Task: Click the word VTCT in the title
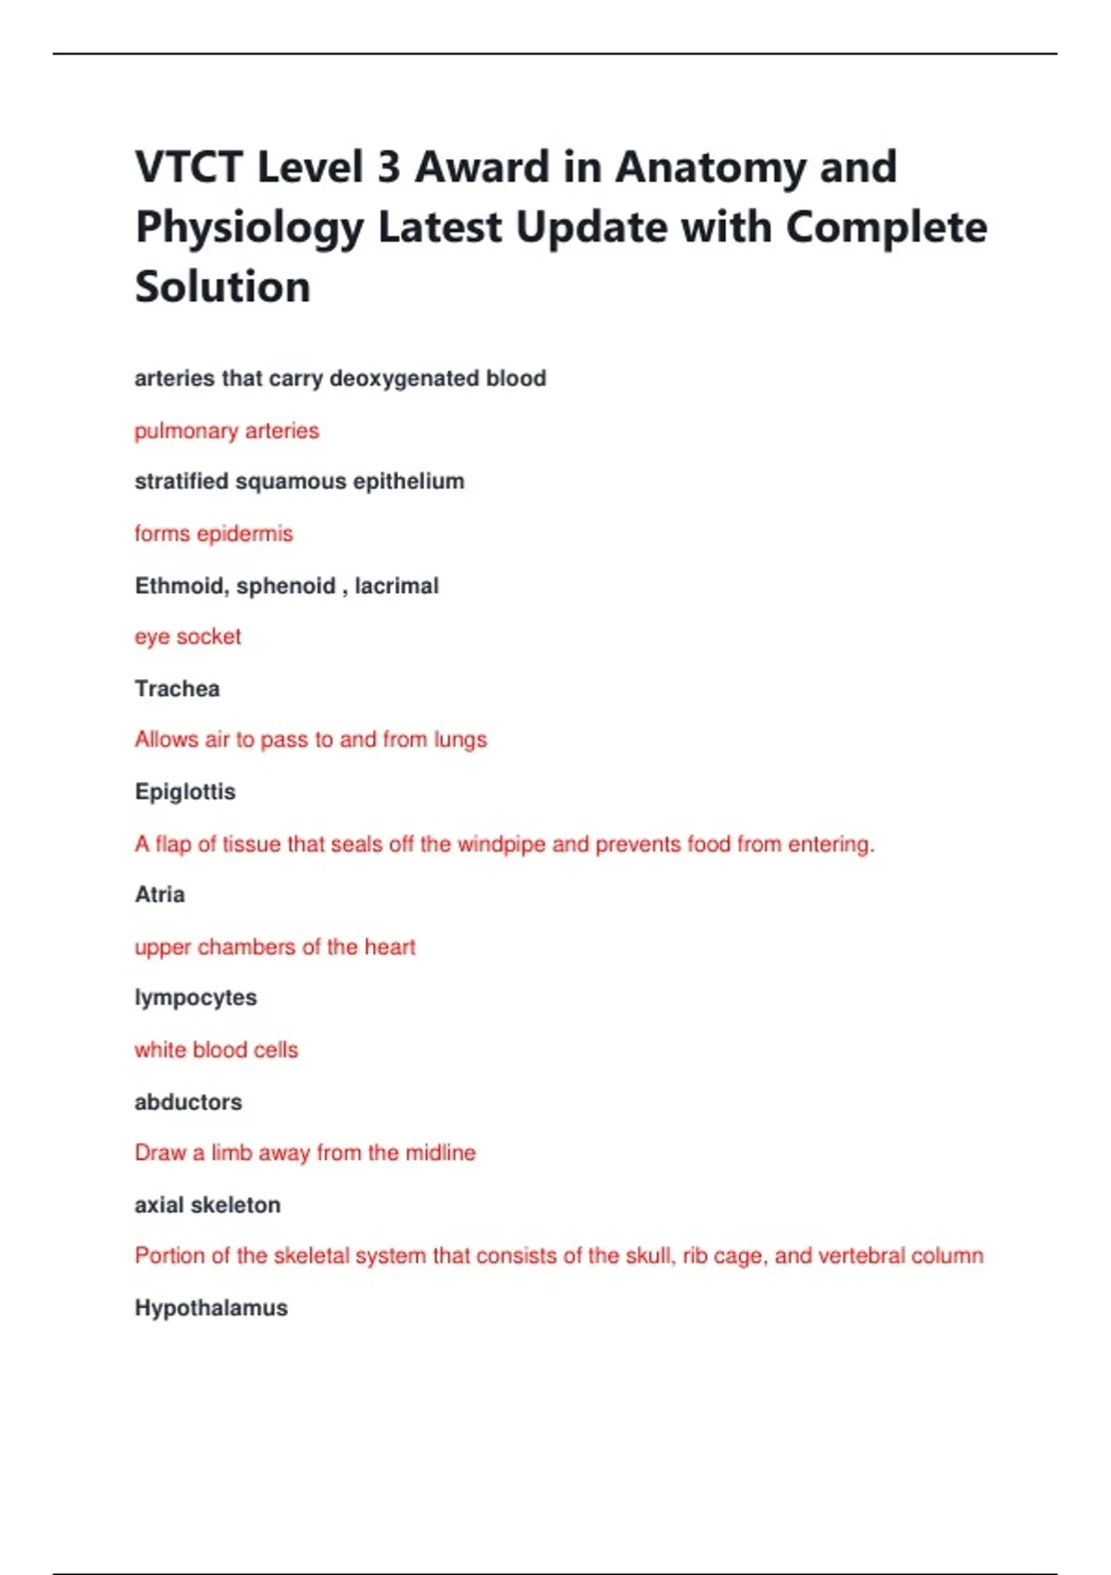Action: point(188,168)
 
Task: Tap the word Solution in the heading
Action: point(222,286)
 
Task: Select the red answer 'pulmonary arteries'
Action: point(227,431)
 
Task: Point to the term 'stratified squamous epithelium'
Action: point(299,482)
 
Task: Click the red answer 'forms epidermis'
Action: point(214,534)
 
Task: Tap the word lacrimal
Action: point(396,586)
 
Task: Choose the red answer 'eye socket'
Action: point(188,637)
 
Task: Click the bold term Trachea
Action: point(177,688)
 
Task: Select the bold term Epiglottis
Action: point(185,792)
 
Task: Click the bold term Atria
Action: point(159,895)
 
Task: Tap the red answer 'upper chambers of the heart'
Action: point(275,947)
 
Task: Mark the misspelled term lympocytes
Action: point(195,998)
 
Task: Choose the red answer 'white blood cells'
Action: point(217,1050)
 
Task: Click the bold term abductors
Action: point(188,1102)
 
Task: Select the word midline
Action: point(441,1153)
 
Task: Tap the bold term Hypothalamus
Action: point(211,1307)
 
